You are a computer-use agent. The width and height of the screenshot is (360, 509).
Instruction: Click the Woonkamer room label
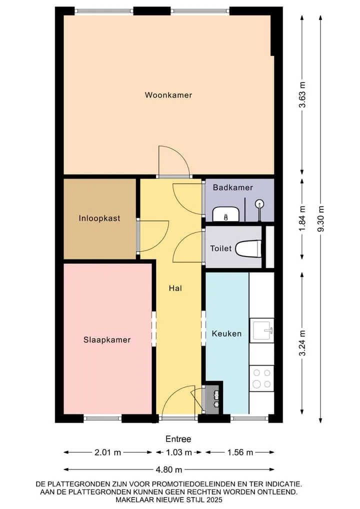point(168,95)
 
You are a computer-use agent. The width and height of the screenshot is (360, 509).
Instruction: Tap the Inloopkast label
point(99,218)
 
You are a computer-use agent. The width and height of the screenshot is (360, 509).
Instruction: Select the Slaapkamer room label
point(107,340)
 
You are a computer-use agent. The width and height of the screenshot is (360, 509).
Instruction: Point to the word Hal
point(175,288)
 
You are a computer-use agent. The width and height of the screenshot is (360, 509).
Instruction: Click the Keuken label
point(226,333)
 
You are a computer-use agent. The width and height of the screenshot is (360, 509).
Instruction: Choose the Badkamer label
point(233,187)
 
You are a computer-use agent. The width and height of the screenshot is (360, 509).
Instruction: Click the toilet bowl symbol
point(248,248)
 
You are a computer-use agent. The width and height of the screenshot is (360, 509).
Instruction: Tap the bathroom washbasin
point(226,214)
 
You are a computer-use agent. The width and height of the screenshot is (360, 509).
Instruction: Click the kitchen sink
point(261,330)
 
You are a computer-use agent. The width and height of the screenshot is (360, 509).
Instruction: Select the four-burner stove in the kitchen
point(261,378)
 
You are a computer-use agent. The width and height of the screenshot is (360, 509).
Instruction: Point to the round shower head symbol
point(259,204)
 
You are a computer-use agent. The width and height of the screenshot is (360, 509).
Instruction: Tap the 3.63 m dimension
point(302,94)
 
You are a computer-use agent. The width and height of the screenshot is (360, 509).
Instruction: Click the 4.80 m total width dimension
point(169,469)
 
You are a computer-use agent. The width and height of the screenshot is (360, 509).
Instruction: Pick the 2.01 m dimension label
point(108,452)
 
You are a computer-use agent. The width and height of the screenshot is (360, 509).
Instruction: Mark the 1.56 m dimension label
point(240,452)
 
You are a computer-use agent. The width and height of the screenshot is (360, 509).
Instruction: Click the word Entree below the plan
point(178,439)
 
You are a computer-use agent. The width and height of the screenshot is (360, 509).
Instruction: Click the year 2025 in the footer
point(214,500)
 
